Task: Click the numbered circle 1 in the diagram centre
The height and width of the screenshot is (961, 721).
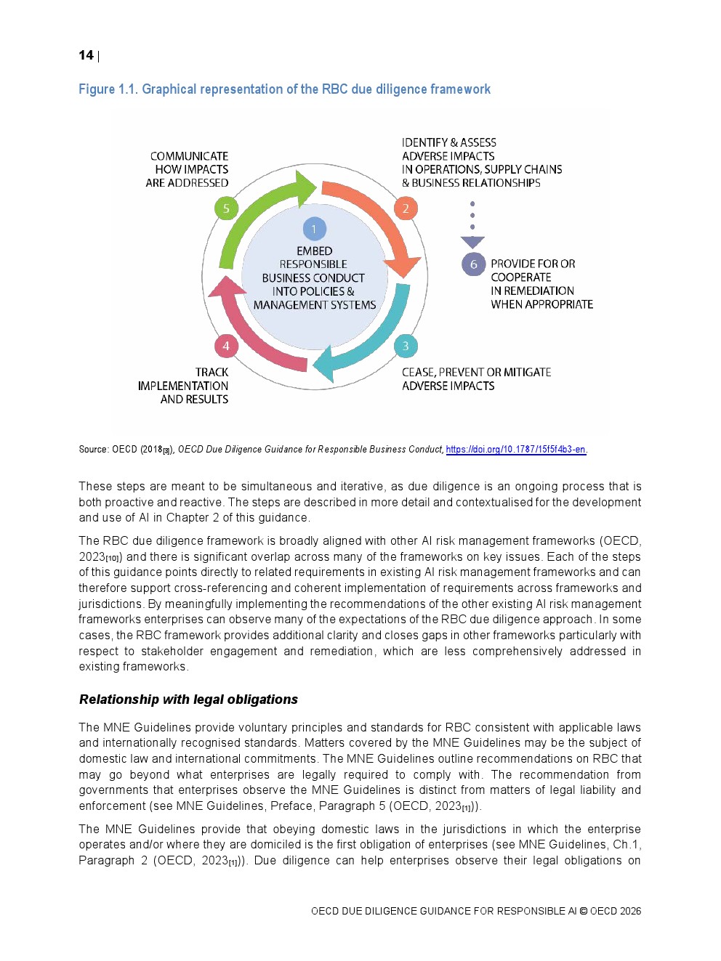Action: click(314, 229)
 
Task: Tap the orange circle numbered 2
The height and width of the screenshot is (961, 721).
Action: click(406, 208)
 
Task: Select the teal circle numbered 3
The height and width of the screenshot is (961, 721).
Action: click(406, 346)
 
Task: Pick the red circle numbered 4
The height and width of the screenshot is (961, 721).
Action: click(226, 346)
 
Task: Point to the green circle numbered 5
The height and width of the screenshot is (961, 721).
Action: click(226, 208)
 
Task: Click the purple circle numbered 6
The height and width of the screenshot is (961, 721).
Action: click(473, 264)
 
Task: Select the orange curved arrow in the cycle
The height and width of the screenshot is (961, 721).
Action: click(378, 214)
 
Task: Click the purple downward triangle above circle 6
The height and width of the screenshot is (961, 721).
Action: click(472, 242)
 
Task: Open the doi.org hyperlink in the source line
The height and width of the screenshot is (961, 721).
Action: click(515, 450)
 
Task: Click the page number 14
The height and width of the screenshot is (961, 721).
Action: click(86, 56)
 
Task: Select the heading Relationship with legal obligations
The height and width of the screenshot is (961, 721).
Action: click(188, 700)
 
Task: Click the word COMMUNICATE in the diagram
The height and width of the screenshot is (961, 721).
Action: click(189, 156)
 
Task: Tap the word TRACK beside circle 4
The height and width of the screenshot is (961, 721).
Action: click(212, 373)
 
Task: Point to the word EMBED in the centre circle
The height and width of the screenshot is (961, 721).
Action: click(314, 251)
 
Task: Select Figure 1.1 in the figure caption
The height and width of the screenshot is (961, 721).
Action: click(108, 89)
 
